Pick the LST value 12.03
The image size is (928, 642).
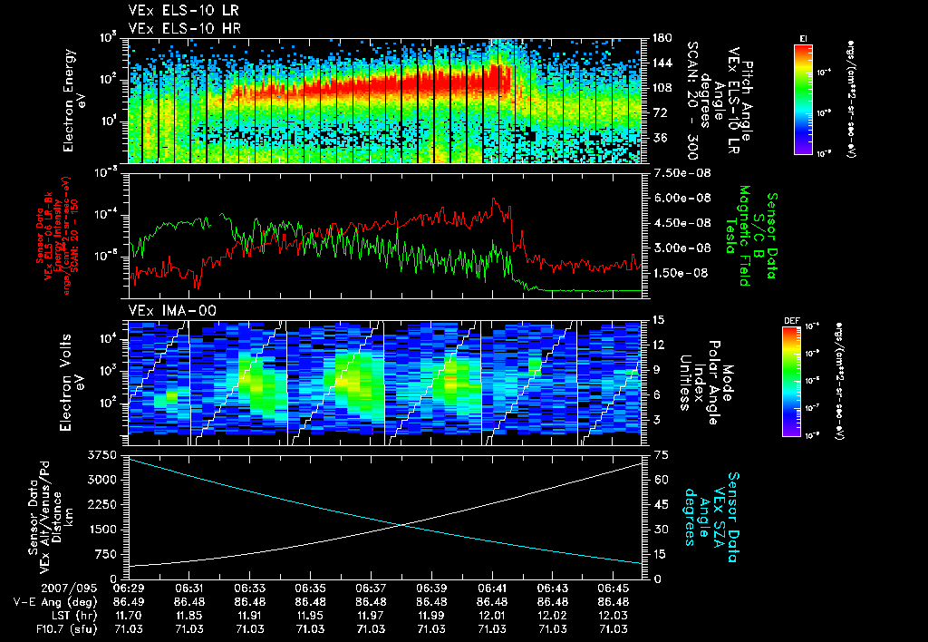coord(614,615)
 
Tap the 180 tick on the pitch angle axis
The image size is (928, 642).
coord(662,38)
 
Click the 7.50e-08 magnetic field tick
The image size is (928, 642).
coord(679,172)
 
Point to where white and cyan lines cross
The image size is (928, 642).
coord(401,523)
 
